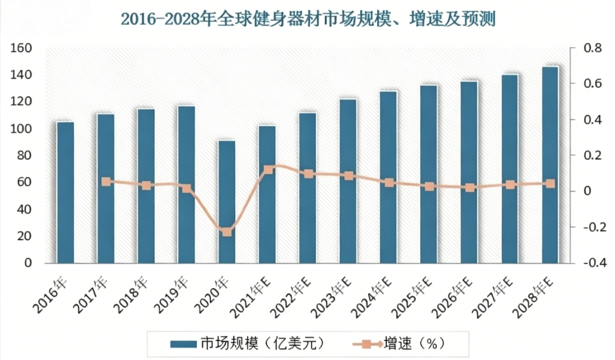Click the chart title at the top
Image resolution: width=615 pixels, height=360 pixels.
point(307,20)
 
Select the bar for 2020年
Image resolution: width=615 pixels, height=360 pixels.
point(227,202)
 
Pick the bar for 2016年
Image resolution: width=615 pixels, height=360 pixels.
point(65,193)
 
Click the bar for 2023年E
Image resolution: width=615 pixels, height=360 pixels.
point(348,181)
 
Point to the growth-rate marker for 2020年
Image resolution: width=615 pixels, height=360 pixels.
point(227,232)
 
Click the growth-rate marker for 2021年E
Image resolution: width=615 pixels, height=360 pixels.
point(268,170)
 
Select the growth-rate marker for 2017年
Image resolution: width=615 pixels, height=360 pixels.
point(106,182)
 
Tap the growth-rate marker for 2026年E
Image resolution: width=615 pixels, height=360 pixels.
point(470,187)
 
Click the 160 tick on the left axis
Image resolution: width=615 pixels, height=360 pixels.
point(21,48)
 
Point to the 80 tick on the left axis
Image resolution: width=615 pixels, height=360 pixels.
point(25,155)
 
